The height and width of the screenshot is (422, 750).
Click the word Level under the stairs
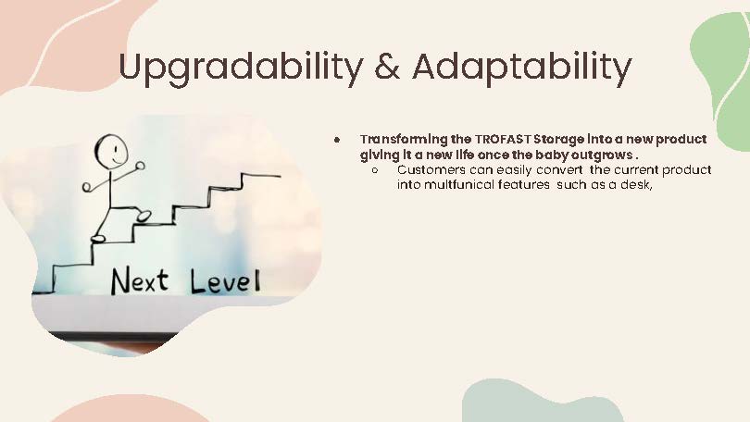(x=225, y=280)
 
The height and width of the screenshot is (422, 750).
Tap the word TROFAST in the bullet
(x=504, y=139)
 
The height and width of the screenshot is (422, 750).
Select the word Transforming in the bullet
(x=401, y=139)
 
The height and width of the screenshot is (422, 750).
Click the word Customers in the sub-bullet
(x=431, y=170)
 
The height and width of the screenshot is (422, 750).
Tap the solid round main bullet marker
(x=339, y=139)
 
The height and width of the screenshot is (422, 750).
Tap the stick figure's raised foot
(x=144, y=216)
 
